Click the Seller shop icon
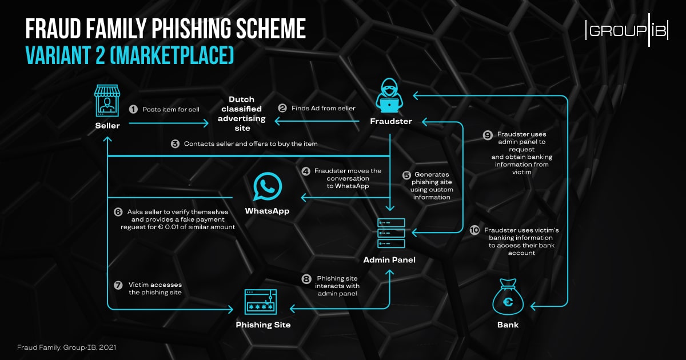(x=107, y=101)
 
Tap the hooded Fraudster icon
(x=391, y=95)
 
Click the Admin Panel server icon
(x=391, y=233)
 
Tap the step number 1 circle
(x=133, y=109)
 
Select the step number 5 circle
(x=406, y=175)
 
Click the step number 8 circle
(x=306, y=279)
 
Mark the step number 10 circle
(x=474, y=230)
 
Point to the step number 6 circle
(x=118, y=211)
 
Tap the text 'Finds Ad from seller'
(x=324, y=109)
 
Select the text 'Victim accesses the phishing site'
(x=155, y=288)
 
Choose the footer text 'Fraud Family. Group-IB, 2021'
(x=67, y=347)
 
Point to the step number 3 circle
(x=175, y=144)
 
